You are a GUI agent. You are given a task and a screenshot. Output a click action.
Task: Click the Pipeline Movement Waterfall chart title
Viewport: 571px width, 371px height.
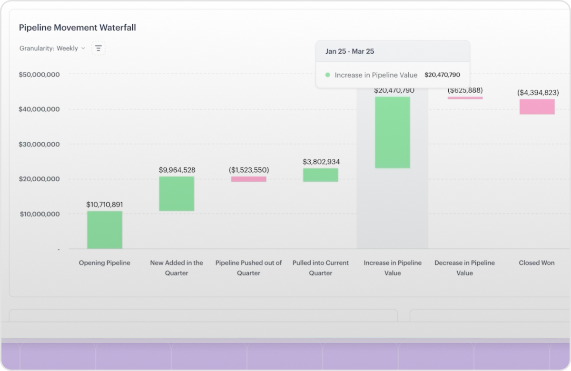(x=77, y=28)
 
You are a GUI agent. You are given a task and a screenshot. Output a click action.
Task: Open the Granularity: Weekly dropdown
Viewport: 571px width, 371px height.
(x=52, y=48)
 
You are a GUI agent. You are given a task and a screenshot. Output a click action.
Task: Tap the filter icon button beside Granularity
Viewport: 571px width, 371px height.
(x=98, y=48)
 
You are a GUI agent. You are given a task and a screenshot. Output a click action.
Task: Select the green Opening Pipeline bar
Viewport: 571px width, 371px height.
(x=105, y=230)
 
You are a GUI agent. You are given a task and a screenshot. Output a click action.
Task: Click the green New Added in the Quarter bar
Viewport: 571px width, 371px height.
(x=177, y=194)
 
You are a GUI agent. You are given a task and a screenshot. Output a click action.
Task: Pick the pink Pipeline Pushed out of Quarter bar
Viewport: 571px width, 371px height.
(x=249, y=179)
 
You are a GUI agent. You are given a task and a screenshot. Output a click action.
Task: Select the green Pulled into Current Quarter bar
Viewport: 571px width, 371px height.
(x=321, y=175)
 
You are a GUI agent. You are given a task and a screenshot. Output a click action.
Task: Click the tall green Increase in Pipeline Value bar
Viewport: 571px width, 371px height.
(x=393, y=133)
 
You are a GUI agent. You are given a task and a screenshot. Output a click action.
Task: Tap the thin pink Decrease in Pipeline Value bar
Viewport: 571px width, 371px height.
(x=465, y=98)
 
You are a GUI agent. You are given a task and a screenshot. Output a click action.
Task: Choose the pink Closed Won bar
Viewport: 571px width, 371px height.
(x=537, y=107)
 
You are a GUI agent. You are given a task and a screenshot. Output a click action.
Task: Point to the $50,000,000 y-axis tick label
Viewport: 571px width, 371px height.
(x=39, y=75)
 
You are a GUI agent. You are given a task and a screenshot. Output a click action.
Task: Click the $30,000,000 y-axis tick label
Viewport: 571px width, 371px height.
(x=39, y=144)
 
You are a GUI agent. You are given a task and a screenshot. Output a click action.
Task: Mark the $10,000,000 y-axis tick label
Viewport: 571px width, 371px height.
(x=40, y=214)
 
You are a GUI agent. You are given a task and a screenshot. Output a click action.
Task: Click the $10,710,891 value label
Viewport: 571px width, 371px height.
(x=105, y=205)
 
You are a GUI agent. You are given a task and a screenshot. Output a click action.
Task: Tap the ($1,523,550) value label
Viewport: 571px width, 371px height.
(x=249, y=170)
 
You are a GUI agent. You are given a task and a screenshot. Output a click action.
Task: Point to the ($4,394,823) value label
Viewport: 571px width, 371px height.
(x=538, y=92)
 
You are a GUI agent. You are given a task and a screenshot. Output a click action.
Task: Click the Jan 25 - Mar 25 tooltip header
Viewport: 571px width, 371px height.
(x=350, y=51)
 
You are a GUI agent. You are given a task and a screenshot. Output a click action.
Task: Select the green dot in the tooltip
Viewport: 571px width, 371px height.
(x=328, y=75)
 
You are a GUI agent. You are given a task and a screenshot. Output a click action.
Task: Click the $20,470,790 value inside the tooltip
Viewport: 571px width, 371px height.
(x=442, y=75)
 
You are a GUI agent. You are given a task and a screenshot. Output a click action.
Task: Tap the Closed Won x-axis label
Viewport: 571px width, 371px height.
(x=537, y=263)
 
